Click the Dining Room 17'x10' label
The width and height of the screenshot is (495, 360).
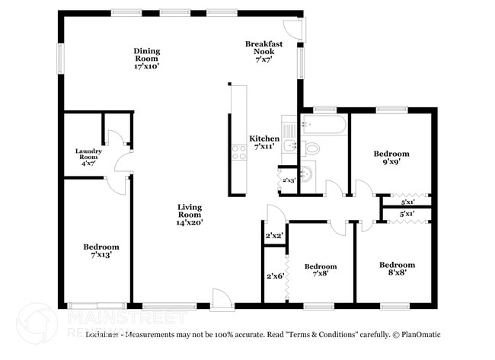tap(147, 59)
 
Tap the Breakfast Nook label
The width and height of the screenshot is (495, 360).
tap(264, 48)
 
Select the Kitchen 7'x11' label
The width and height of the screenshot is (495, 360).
tap(264, 142)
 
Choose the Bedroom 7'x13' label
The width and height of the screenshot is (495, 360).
tap(101, 251)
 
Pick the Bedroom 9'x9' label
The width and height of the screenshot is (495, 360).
tap(391, 158)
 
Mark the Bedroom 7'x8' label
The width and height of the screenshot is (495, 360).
tap(321, 270)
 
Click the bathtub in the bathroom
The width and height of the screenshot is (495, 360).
tap(324, 125)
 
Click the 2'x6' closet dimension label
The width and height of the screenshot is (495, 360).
tap(274, 276)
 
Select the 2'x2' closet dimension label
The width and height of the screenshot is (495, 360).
tap(274, 236)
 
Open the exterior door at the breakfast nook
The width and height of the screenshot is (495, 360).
tap(300, 28)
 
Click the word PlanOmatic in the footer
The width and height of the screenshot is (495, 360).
tap(420, 335)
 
